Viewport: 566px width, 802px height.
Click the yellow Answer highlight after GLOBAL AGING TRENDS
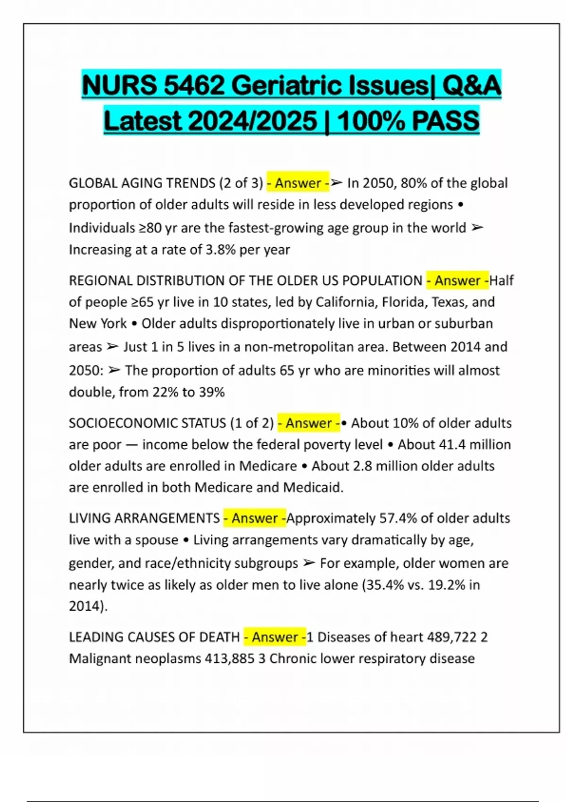298,183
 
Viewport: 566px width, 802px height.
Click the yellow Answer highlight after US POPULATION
458,281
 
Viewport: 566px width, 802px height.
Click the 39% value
212,393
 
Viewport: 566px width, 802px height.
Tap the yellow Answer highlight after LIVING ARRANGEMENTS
254,518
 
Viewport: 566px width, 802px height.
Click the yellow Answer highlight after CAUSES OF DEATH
275,637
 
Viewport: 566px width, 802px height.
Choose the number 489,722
451,637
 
